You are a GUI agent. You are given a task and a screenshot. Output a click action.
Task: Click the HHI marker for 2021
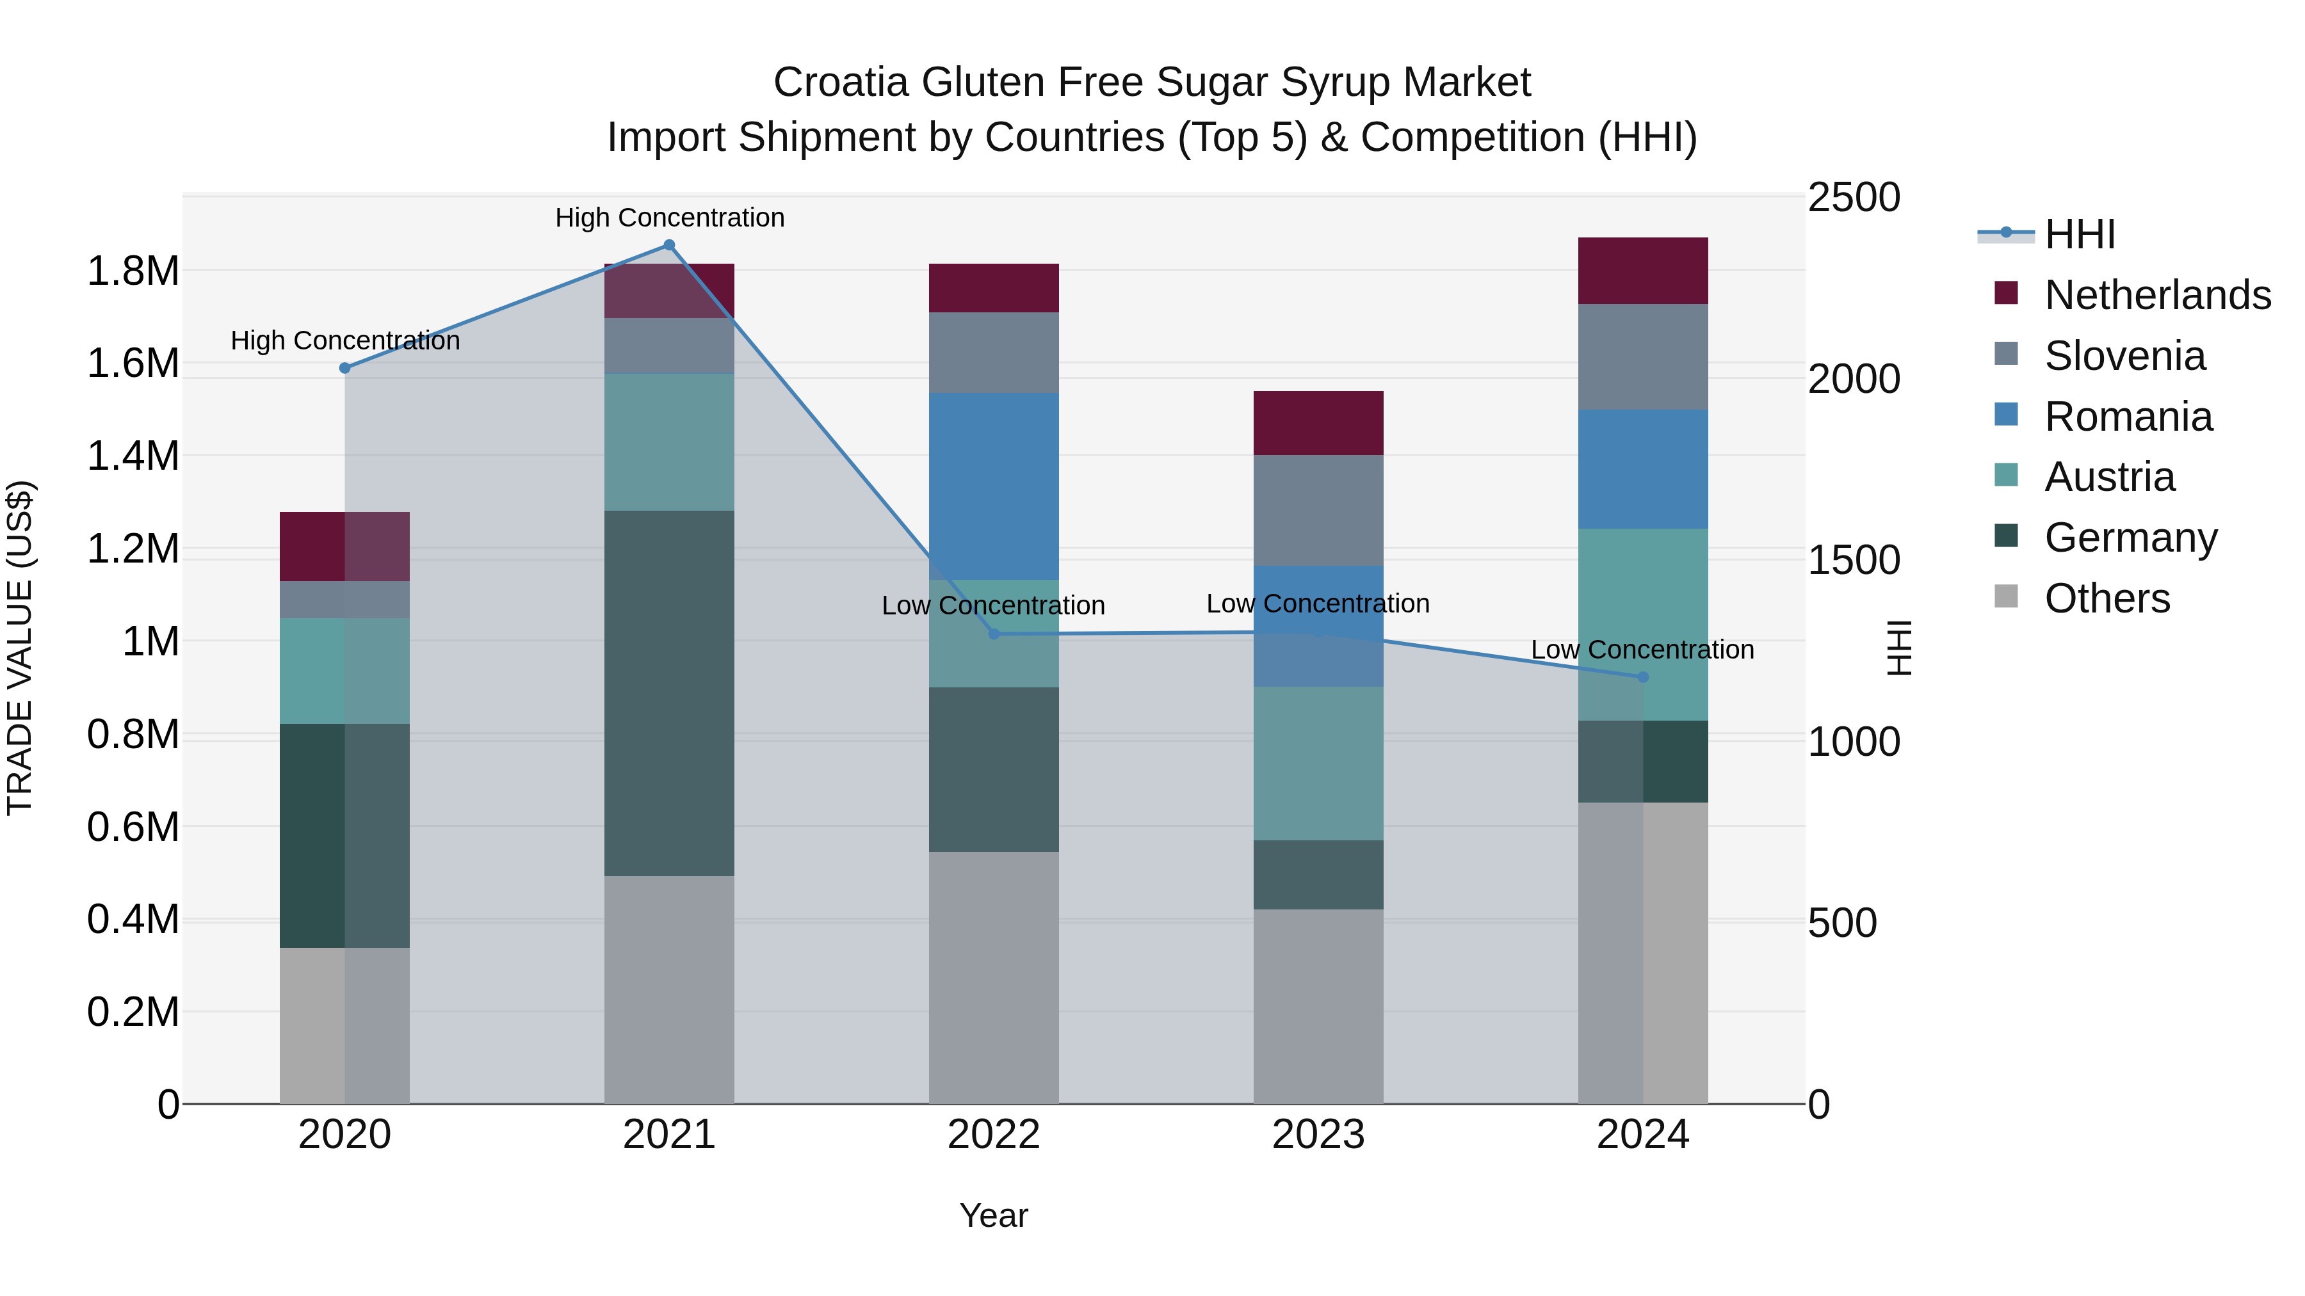(x=668, y=245)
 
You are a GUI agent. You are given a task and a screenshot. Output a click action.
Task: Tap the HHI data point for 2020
(x=344, y=367)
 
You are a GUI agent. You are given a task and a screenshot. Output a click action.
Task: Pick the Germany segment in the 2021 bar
(x=668, y=693)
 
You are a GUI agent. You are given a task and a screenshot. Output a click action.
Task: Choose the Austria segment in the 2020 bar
(x=344, y=671)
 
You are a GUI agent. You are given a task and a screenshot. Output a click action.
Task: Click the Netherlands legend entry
(x=2156, y=295)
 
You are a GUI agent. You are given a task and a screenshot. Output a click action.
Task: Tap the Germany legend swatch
(x=2006, y=537)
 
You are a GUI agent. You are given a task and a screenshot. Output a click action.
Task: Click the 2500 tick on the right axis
(x=1853, y=198)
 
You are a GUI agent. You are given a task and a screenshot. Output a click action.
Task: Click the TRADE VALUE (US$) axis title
(x=20, y=648)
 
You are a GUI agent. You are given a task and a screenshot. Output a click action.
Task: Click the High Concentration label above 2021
(x=669, y=218)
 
